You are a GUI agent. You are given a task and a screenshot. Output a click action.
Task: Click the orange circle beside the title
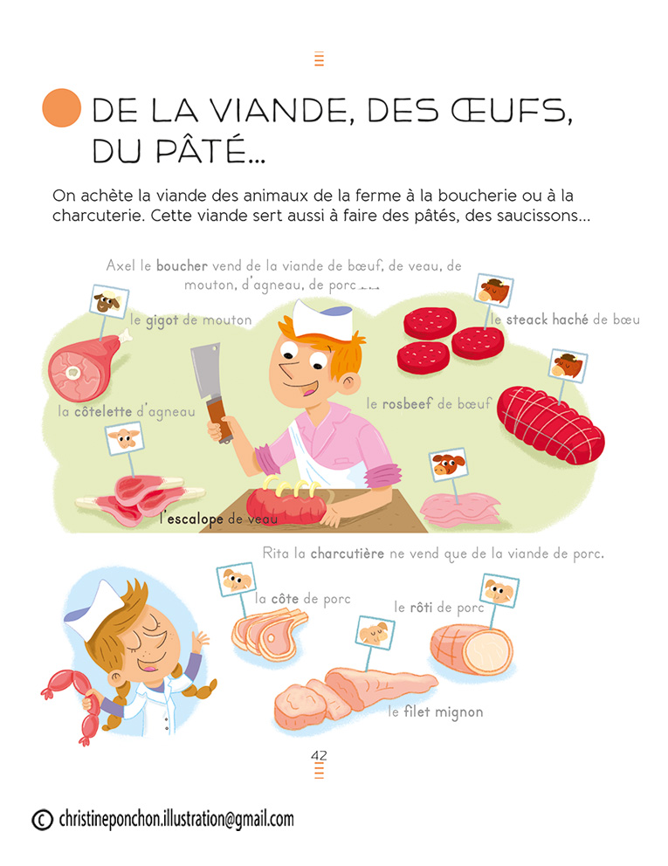point(62,107)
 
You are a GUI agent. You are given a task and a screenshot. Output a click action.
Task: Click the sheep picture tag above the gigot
point(109,301)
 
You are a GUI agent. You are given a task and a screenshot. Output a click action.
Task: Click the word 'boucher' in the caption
point(182,265)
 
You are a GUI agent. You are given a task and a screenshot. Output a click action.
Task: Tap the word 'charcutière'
point(347,553)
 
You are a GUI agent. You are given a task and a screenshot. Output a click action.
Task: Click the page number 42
point(319,755)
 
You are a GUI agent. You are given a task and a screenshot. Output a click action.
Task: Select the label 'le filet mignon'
point(436,711)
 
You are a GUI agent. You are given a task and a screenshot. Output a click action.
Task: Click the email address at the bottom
point(176,819)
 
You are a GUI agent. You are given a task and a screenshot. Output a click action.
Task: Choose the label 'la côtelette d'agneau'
point(127,411)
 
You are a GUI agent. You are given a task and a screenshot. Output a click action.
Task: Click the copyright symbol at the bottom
point(42,820)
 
